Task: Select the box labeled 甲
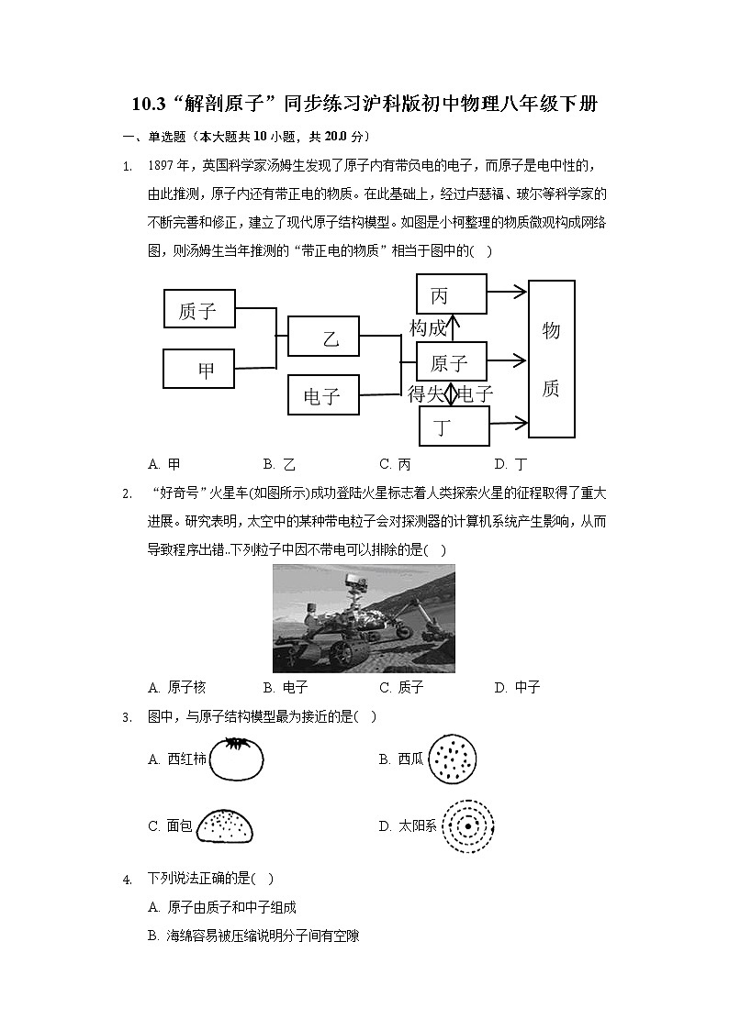[x=198, y=369]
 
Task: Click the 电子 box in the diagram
[x=323, y=395]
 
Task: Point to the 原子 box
[x=451, y=362]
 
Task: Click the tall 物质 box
[x=551, y=359]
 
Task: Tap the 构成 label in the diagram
[x=428, y=328]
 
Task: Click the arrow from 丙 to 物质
[x=507, y=292]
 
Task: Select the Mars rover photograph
[x=364, y=618]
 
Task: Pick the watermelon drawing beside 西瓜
[x=453, y=759]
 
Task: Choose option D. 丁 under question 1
[x=510, y=464]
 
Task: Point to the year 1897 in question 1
[x=162, y=166]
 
